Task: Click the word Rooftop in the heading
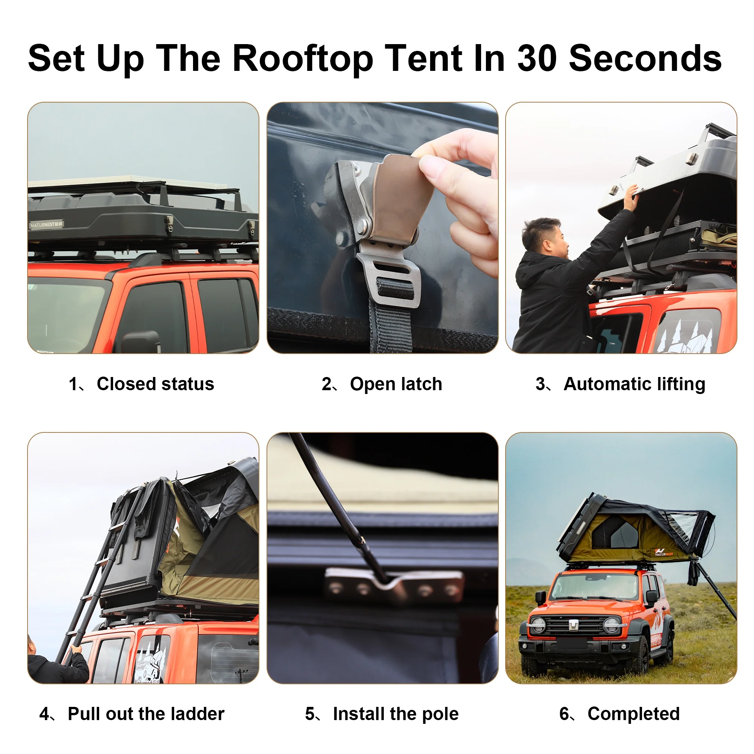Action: click(302, 58)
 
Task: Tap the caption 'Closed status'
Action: click(155, 384)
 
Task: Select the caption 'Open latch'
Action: click(396, 384)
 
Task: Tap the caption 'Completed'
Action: click(633, 714)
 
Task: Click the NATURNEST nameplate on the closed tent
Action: click(46, 224)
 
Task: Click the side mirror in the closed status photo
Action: click(141, 341)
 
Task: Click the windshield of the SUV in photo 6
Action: click(596, 587)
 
